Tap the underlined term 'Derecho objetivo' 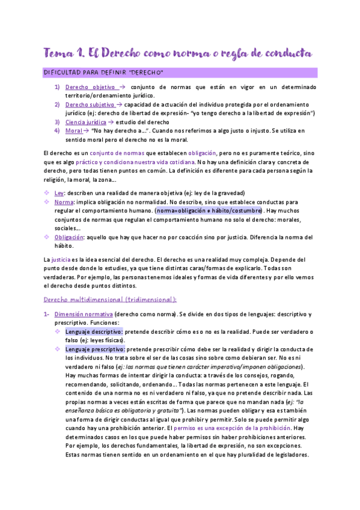click(x=90, y=87)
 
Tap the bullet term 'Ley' click(x=59, y=194)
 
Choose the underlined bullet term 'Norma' click(x=63, y=203)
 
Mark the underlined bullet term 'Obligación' click(x=69, y=238)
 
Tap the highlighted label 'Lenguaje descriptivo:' click(x=94, y=332)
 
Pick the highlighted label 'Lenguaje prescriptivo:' click(x=95, y=349)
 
